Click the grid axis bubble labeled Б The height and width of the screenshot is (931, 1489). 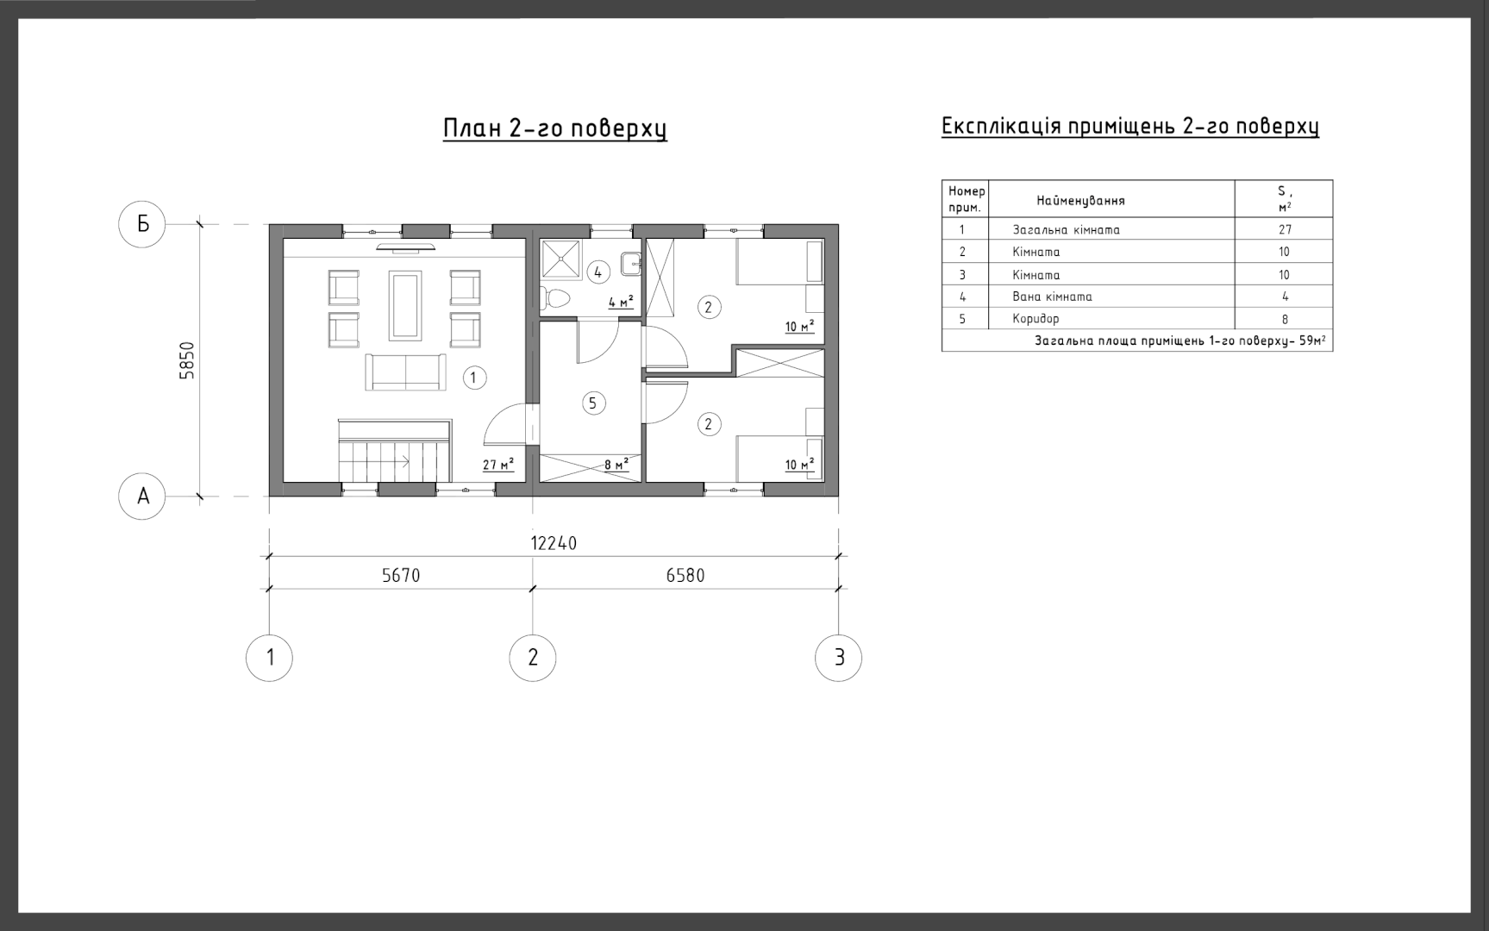142,224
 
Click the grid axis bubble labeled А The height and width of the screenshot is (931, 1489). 142,497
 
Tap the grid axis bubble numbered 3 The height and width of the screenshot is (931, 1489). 838,658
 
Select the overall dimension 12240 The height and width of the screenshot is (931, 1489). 554,543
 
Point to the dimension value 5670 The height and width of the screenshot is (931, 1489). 401,575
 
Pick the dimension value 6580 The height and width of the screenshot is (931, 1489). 685,575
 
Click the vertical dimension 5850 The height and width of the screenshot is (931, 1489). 187,360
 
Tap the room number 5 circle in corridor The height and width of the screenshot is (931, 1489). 592,403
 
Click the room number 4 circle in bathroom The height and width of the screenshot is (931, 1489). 597,272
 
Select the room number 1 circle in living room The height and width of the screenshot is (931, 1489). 474,378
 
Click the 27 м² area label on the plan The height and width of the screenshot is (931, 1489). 498,465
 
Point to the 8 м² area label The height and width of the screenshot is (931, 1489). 616,465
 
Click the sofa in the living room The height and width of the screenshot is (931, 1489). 406,372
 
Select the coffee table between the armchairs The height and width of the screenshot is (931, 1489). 405,306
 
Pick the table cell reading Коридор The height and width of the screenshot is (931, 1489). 1036,319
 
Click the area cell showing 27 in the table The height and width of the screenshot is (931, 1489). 1285,229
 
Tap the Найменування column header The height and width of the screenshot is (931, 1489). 1080,201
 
